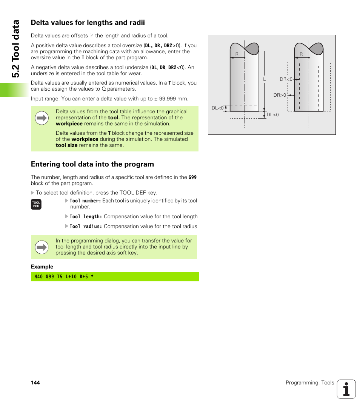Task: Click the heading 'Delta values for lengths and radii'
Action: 88,23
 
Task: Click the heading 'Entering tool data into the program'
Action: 92,164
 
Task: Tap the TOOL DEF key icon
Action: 36,205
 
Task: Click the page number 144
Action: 35,383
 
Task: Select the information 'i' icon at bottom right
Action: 346,389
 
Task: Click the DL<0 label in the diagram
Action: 218,108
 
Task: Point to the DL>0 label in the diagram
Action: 272,115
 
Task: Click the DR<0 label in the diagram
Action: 286,79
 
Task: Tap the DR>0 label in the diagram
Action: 280,95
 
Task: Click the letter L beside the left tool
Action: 265,79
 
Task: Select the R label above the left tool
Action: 237,54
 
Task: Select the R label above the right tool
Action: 301,54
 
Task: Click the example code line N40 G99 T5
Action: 64,277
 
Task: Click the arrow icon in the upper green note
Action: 42,118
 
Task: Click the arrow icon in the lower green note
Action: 42,248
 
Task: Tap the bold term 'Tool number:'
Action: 85,201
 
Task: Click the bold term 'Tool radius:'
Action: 86,227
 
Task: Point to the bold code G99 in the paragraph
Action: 192,177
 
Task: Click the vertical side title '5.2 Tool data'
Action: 15,49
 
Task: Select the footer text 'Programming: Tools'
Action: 310,383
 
